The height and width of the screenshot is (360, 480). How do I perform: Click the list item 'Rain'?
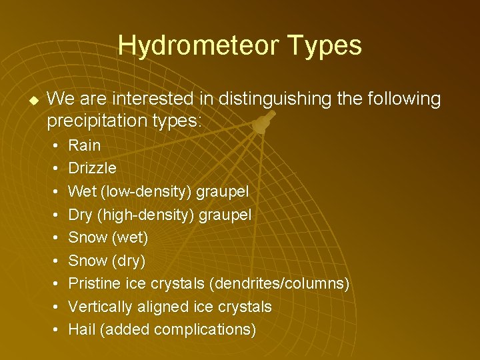point(85,145)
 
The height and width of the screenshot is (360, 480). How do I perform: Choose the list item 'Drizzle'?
point(92,168)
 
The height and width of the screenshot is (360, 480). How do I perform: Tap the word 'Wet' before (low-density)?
point(83,191)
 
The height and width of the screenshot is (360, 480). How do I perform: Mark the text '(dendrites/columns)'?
point(279,283)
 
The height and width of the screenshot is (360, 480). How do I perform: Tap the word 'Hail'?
point(82,329)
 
